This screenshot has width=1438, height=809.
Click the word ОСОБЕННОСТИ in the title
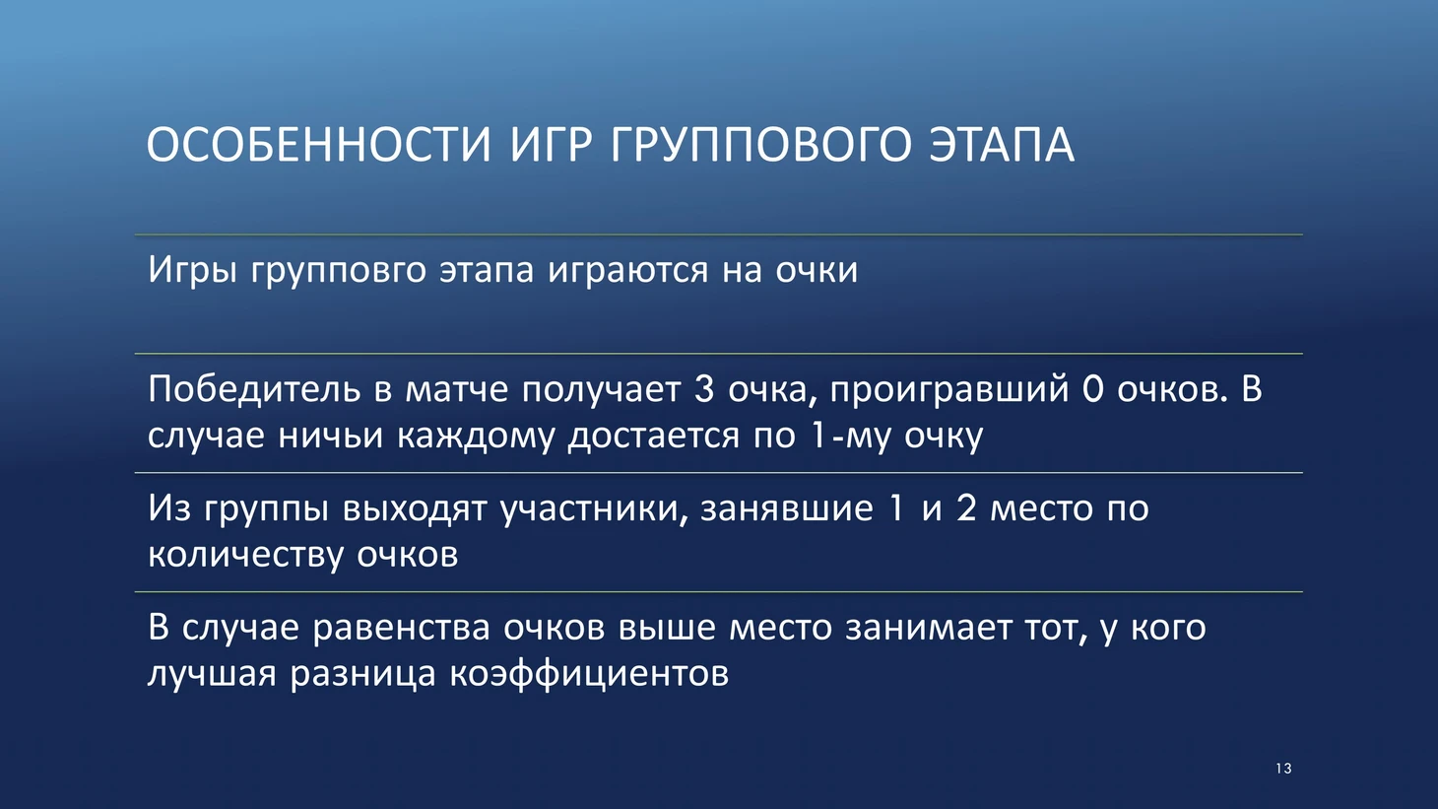click(319, 145)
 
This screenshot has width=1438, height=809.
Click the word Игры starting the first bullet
click(191, 270)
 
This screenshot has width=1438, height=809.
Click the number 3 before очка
click(704, 389)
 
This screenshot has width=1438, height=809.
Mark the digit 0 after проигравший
click(1092, 389)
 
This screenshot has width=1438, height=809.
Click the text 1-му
click(851, 437)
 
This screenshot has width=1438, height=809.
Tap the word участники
click(594, 508)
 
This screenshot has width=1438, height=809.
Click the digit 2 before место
click(966, 507)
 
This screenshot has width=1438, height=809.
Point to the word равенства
click(402, 628)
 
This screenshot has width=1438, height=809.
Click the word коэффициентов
click(589, 674)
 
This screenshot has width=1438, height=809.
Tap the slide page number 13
click(1283, 769)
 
